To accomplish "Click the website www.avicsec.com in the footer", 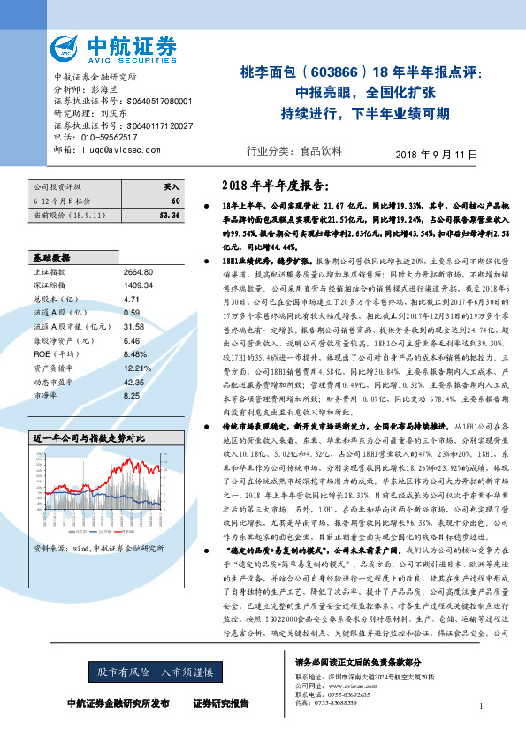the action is click(x=350, y=685).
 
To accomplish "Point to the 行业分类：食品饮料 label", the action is click(x=294, y=150).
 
